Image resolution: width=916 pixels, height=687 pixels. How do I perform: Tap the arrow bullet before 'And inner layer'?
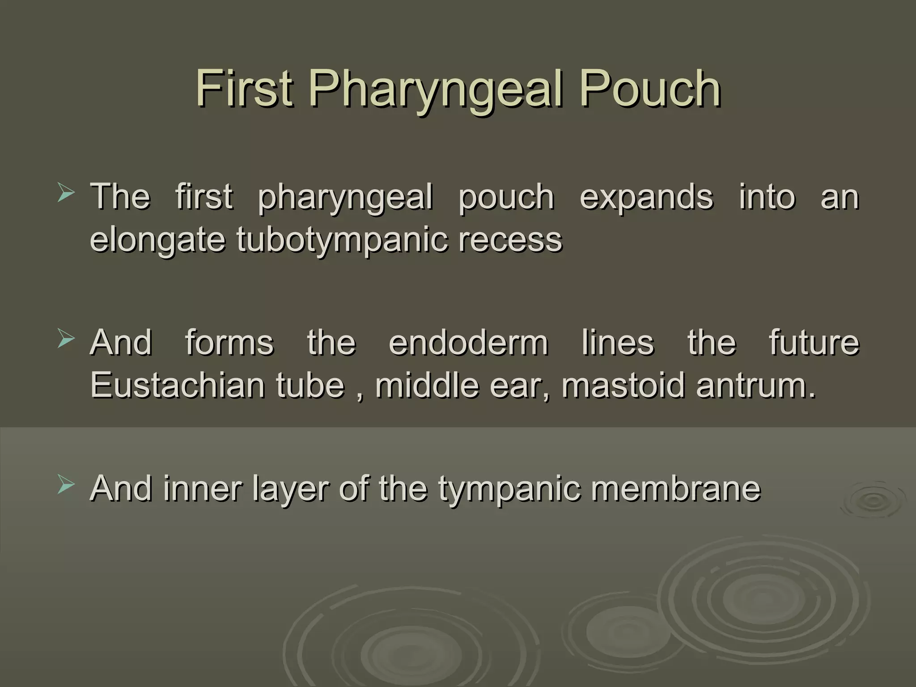pyautogui.click(x=66, y=486)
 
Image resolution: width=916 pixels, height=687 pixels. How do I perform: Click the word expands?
pyautogui.click(x=646, y=197)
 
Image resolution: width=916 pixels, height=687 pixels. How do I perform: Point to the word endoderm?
pyautogui.click(x=468, y=343)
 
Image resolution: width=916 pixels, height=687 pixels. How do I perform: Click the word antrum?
pyautogui.click(x=756, y=386)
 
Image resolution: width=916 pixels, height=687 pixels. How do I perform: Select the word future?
pyautogui.click(x=814, y=343)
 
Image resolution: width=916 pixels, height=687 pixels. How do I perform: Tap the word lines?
pyautogui.click(x=618, y=343)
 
